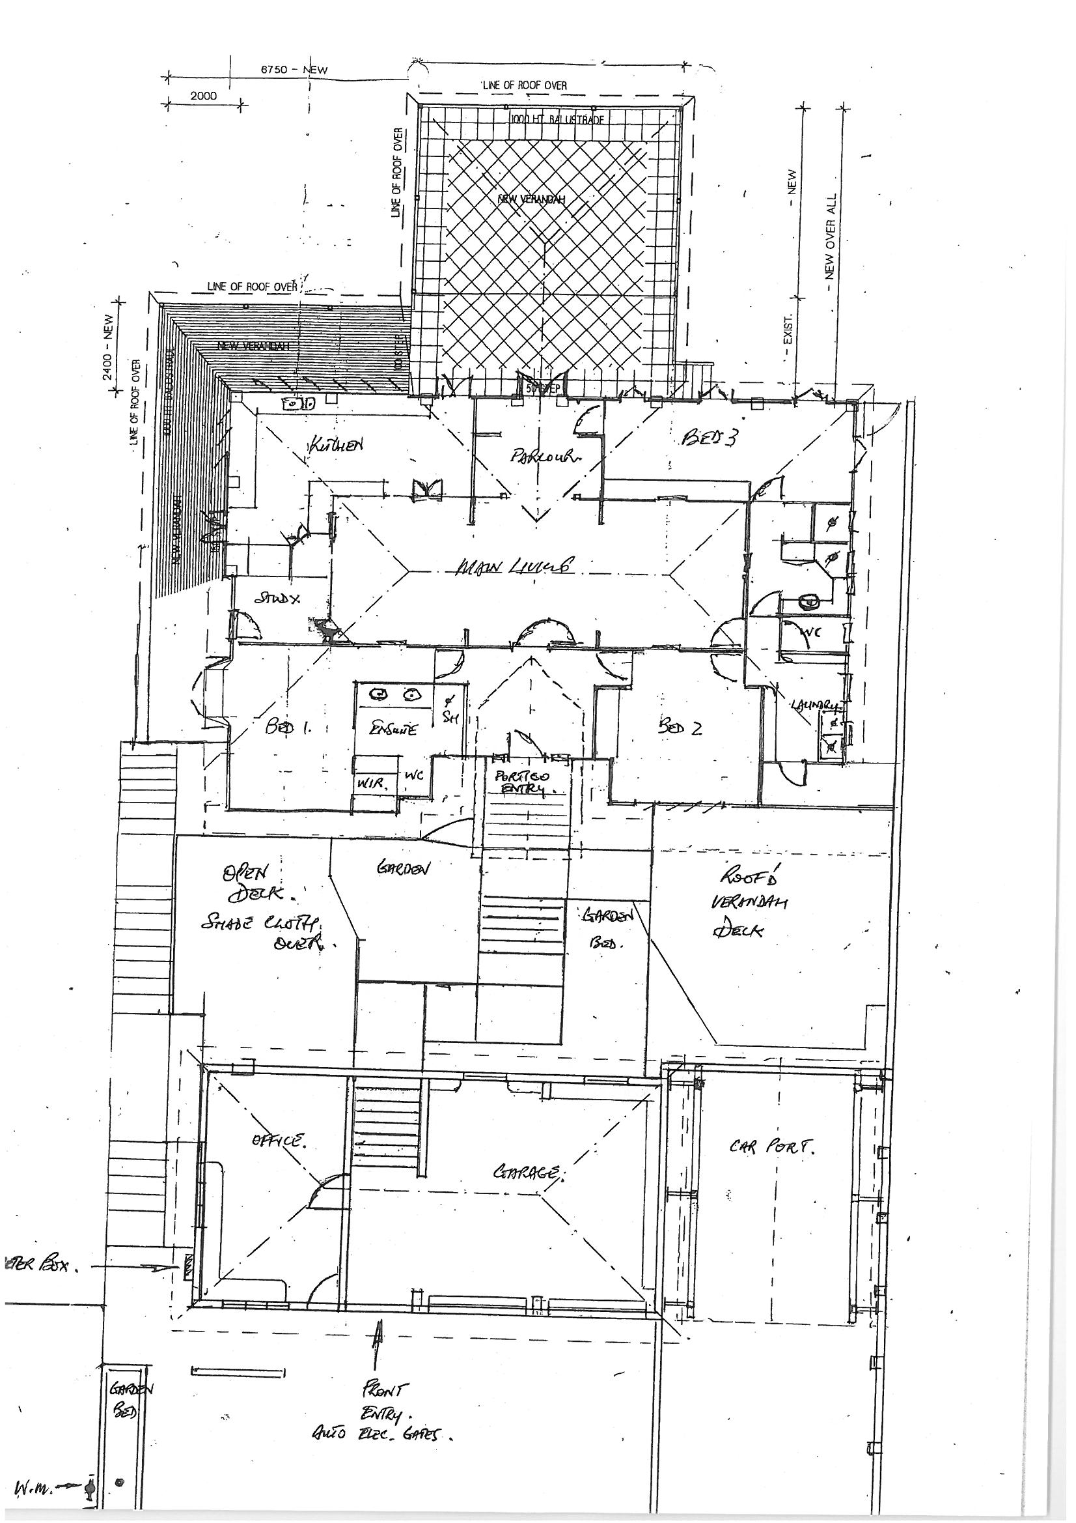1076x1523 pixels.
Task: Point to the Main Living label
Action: (514, 567)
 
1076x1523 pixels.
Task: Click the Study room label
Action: (278, 599)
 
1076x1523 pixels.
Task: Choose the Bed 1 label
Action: (288, 728)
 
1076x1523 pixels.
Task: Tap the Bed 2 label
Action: (680, 728)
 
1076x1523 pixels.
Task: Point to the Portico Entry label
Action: (523, 783)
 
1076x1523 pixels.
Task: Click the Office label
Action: (279, 1141)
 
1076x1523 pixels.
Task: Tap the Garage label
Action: (529, 1173)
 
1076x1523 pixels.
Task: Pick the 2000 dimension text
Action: (204, 96)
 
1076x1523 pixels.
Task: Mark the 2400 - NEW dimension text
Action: (108, 347)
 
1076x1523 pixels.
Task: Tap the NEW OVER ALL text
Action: (830, 237)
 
